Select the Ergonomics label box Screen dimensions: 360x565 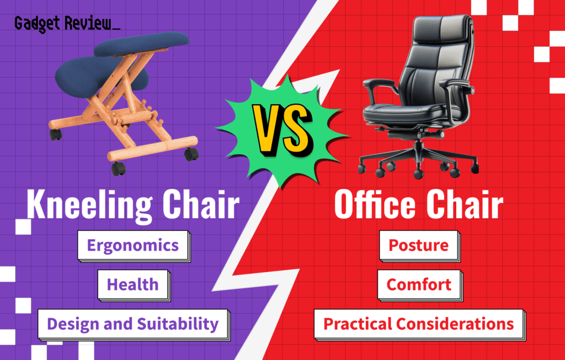coord(132,245)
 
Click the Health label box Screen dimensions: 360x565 coord(132,284)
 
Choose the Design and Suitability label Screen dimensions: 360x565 coord(132,324)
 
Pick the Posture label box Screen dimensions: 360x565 coord(418,245)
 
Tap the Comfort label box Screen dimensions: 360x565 coord(419,284)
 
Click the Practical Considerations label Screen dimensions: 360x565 coord(418,324)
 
